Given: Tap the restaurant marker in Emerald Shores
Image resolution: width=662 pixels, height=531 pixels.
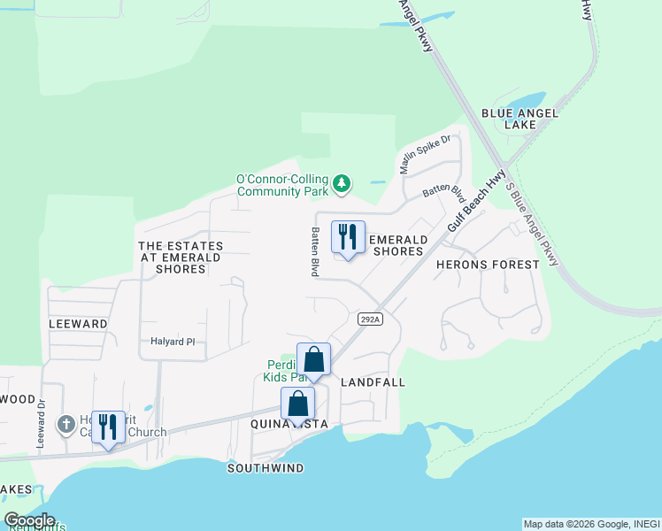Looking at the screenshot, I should pyautogui.click(x=348, y=237).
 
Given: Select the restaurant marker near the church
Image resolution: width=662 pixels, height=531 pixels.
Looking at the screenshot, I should pyautogui.click(x=108, y=427).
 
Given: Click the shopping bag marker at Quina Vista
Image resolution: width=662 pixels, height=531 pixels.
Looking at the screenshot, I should pyautogui.click(x=298, y=404).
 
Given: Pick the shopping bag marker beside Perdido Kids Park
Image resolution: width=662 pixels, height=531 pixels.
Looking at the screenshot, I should pyautogui.click(x=313, y=359).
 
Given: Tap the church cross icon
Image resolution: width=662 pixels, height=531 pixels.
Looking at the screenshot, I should pyautogui.click(x=65, y=425).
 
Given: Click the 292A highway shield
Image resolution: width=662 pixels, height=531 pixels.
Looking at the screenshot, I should pyautogui.click(x=370, y=319).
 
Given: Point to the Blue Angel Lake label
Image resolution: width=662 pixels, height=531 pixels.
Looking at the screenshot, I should pyautogui.click(x=509, y=119).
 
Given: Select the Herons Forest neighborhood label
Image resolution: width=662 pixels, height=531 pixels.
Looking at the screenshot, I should pyautogui.click(x=488, y=265).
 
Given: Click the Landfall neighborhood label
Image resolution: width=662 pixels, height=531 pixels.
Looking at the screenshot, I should pyautogui.click(x=372, y=382).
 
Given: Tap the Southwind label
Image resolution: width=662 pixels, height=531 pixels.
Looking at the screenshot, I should pyautogui.click(x=266, y=467).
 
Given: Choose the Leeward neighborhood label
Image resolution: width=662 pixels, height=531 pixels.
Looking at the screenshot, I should pyautogui.click(x=78, y=324).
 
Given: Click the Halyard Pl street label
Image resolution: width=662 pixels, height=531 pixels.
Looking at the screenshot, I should pyautogui.click(x=173, y=342).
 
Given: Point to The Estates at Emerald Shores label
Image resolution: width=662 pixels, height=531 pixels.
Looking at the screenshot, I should pyautogui.click(x=181, y=257).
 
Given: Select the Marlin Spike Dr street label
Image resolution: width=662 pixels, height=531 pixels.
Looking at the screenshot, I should pyautogui.click(x=426, y=153).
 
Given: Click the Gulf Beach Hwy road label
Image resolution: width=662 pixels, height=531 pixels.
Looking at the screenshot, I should pyautogui.click(x=476, y=201).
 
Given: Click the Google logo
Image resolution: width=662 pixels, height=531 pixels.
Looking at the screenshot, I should pyautogui.click(x=29, y=520).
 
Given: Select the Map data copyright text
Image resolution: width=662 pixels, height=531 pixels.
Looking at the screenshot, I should pyautogui.click(x=590, y=524).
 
